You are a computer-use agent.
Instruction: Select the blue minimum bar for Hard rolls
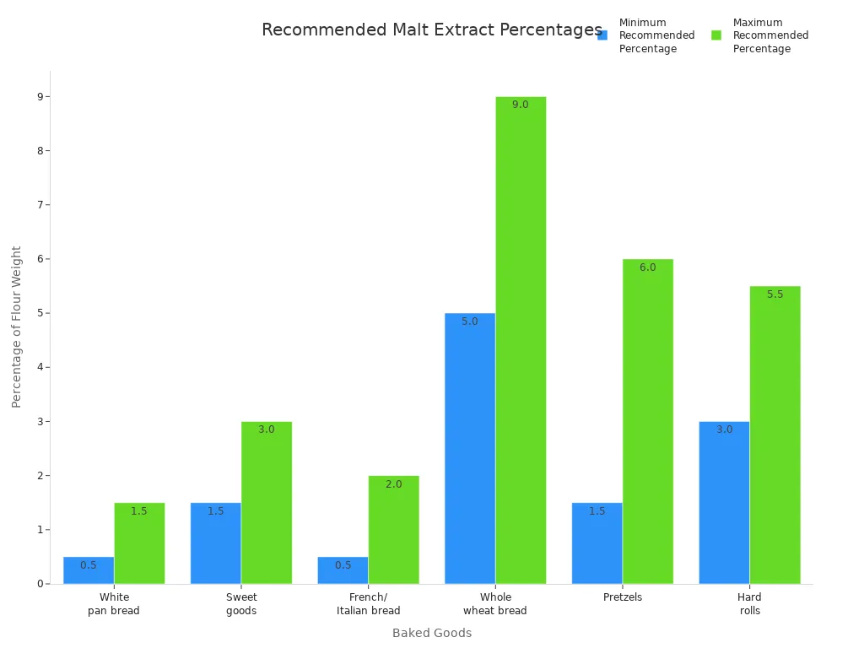724,502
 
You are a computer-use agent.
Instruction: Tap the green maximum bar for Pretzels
648,421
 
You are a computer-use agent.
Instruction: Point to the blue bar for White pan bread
89,570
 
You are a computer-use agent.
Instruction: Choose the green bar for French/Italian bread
393,529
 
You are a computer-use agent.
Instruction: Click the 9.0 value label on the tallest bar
521,105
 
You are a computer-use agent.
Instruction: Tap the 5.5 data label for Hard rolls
775,294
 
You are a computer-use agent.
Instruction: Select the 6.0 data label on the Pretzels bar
648,267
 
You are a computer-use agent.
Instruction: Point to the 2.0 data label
393,484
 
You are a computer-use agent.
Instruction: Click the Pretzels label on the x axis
623,597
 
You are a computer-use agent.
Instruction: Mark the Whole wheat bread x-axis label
495,604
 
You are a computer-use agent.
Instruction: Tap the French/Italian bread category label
368,604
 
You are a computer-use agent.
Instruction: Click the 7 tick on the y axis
39,205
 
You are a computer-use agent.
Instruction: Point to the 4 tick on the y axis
39,367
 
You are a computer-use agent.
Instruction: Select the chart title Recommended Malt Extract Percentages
432,30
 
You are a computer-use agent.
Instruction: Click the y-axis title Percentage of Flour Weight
17,327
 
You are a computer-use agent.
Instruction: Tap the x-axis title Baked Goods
432,633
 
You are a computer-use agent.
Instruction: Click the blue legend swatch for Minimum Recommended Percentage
602,35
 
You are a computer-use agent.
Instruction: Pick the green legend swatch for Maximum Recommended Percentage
716,35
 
